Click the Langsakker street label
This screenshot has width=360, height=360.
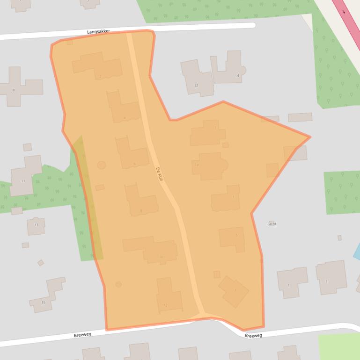[98, 31]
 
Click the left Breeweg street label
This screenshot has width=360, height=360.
[82, 335]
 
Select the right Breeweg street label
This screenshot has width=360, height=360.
[253, 335]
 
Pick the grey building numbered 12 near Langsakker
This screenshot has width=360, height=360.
[197, 79]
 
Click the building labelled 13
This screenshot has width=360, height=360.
[36, 225]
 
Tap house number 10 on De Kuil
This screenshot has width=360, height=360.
[154, 251]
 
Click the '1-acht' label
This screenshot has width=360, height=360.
[271, 224]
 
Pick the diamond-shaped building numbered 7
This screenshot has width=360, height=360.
[234, 291]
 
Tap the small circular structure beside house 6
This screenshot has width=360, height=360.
[101, 165]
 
